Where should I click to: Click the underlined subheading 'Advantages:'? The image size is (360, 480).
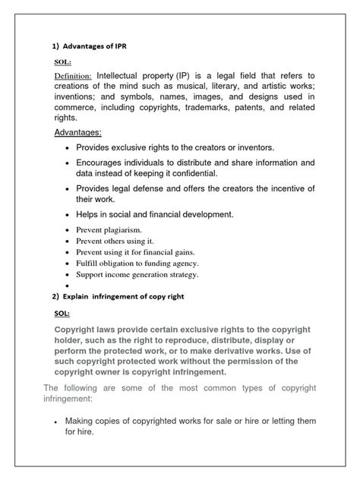(78, 133)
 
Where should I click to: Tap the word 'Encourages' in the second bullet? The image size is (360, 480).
(103, 163)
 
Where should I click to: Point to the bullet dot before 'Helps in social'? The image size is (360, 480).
(68, 215)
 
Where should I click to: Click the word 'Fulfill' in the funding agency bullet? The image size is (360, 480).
(89, 263)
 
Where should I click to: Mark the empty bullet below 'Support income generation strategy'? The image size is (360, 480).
(68, 286)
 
